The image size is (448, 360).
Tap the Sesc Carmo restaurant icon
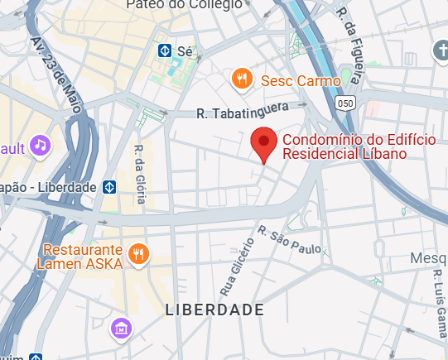[x=242, y=79]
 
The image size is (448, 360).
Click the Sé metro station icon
[x=166, y=51]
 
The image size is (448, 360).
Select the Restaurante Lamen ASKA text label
[x=81, y=257]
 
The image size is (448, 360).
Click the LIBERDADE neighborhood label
[x=214, y=310]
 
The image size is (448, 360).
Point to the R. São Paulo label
[x=291, y=239]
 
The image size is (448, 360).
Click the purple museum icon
[x=121, y=328]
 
